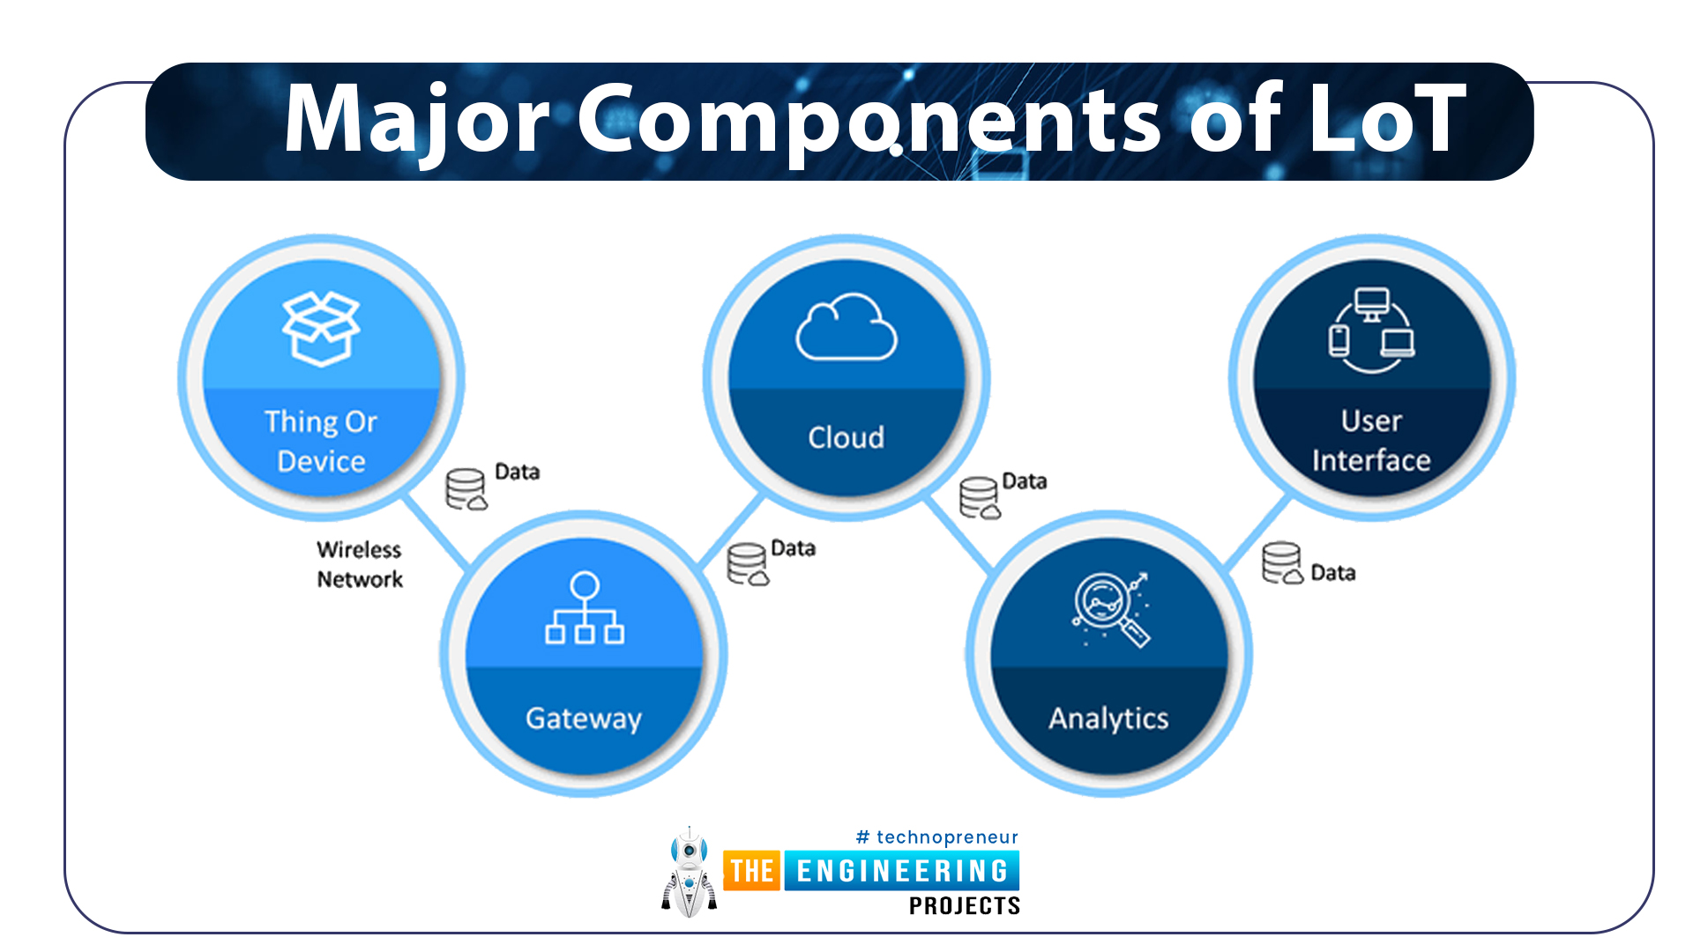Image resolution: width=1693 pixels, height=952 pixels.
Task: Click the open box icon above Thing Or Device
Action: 321,328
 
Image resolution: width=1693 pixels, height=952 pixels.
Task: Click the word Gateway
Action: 584,718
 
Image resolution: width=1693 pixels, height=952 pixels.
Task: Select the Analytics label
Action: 1108,718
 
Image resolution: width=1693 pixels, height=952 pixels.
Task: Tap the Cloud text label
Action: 846,437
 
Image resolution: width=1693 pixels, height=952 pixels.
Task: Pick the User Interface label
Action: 1371,441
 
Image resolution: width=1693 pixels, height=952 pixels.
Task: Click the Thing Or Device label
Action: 321,441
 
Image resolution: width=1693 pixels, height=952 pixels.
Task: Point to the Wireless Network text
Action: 360,564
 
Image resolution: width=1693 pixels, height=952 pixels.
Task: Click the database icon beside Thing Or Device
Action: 466,489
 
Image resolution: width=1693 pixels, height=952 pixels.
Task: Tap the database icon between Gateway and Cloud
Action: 748,564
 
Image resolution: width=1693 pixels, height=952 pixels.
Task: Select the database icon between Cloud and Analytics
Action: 980,498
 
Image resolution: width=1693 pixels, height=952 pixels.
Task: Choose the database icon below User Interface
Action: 1282,563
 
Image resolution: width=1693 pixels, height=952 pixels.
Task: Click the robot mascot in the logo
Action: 690,873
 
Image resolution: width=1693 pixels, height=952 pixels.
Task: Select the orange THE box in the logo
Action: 752,871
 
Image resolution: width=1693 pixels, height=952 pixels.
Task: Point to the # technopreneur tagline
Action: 936,837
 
